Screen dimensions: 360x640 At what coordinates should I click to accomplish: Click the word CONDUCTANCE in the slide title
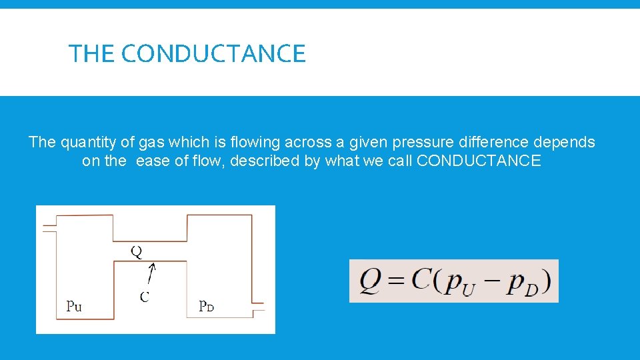coord(213,53)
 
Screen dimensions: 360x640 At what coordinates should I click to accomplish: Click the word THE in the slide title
coord(93,53)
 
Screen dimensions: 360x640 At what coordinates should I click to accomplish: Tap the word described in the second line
coord(265,161)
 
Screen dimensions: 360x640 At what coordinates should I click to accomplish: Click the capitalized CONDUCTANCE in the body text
coord(479,161)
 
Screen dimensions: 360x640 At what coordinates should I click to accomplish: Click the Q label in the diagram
coord(136,251)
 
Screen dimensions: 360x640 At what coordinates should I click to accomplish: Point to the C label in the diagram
coord(144,297)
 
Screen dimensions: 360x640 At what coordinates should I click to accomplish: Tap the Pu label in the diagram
coord(74,307)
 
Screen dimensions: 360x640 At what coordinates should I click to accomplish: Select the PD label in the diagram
coord(207,307)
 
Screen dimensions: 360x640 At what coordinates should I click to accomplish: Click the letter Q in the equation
coord(371,282)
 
